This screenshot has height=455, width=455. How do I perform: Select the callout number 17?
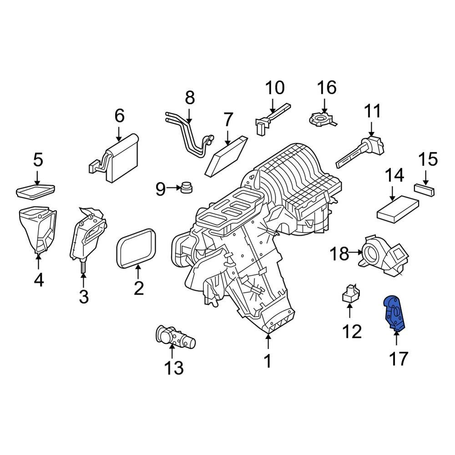click(398, 359)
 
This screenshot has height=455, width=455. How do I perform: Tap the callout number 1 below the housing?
click(268, 361)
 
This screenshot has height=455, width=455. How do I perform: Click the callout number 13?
click(173, 367)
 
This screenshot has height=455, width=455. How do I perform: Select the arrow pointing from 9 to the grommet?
click(173, 187)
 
